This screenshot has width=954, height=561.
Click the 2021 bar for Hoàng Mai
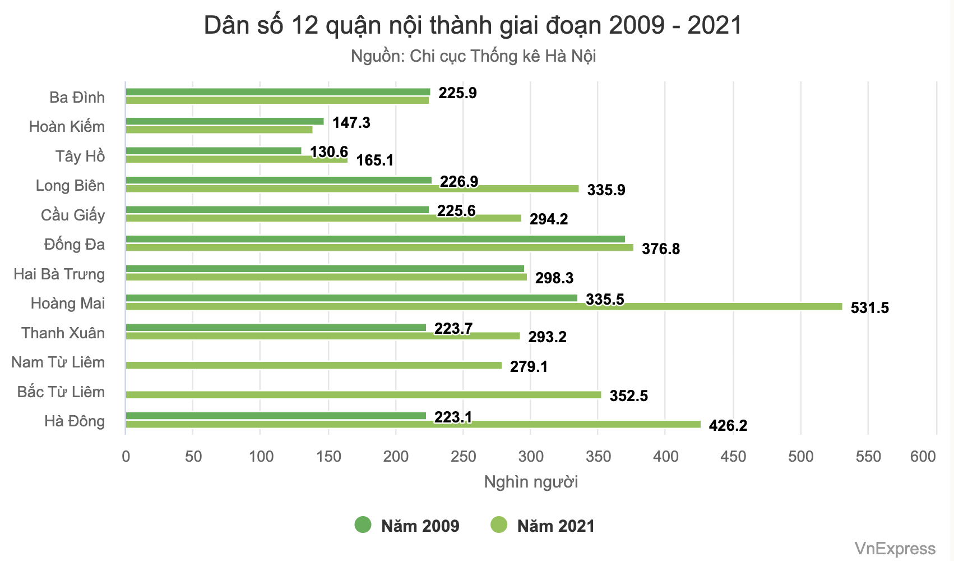coord(484,307)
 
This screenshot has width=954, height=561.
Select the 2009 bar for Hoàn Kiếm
coord(225,121)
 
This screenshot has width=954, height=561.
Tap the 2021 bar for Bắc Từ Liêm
coord(363,395)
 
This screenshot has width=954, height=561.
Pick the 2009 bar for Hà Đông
coord(276,416)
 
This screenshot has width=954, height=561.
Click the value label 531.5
coord(869,308)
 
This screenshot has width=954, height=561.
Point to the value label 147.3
coord(351,123)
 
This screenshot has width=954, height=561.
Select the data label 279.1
coord(529,367)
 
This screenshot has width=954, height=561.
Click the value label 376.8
coord(660,249)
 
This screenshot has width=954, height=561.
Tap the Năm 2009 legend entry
coord(407,526)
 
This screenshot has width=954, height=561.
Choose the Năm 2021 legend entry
coord(543,526)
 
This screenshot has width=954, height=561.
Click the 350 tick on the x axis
coord(598,457)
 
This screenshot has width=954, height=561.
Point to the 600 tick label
coord(923,457)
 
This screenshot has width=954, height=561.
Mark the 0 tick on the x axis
coord(126,457)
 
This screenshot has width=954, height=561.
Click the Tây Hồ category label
coord(80,157)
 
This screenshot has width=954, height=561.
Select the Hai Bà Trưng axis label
coord(59,274)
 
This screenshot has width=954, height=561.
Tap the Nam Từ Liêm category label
coord(58,362)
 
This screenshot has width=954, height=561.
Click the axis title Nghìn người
coord(531,482)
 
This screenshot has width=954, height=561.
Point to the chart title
coord(473,26)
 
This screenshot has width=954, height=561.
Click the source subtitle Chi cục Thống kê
coord(473,57)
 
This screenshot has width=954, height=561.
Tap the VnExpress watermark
coord(895,549)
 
